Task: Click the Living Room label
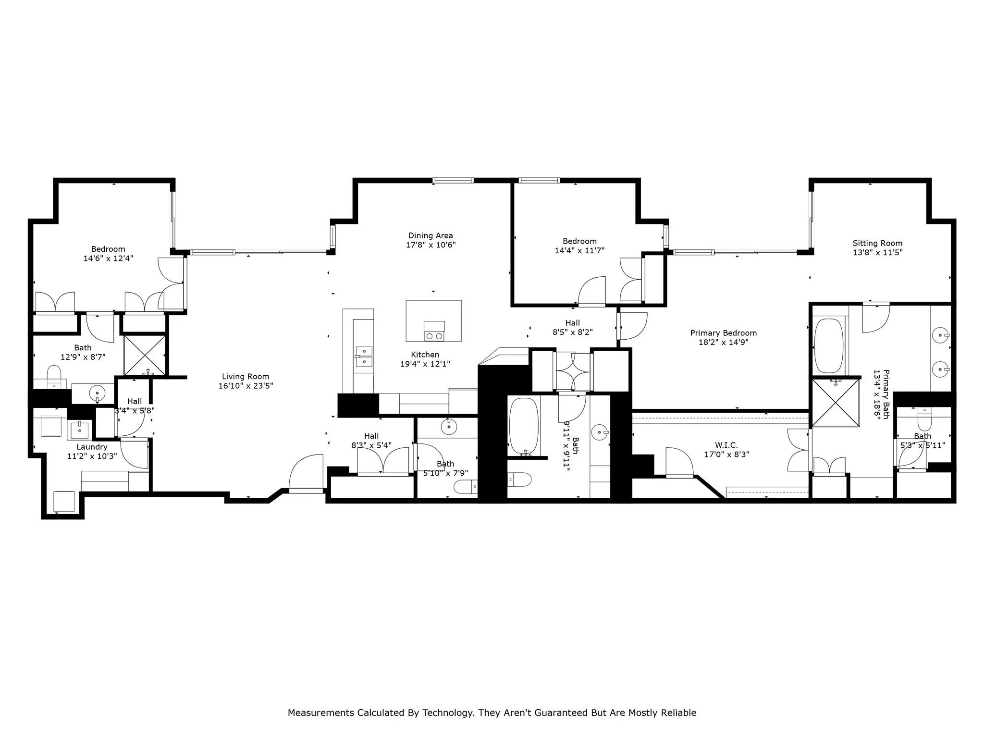[x=246, y=377]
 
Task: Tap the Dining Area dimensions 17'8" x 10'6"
[x=430, y=245]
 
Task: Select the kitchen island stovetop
[x=434, y=332]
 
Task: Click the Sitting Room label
[x=877, y=243]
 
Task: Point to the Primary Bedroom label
[x=723, y=333]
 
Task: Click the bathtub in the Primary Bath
[x=829, y=345]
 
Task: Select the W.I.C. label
[x=726, y=445]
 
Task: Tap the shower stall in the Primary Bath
[x=836, y=403]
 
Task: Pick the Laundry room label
[x=92, y=447]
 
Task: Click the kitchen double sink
[x=364, y=356]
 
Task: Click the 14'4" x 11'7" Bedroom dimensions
[x=579, y=250]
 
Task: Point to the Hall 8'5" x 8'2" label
[x=572, y=323]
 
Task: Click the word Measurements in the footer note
[x=320, y=713]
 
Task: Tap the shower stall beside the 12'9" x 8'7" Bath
[x=145, y=355]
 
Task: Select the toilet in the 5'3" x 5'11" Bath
[x=924, y=421]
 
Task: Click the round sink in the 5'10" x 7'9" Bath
[x=449, y=426]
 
